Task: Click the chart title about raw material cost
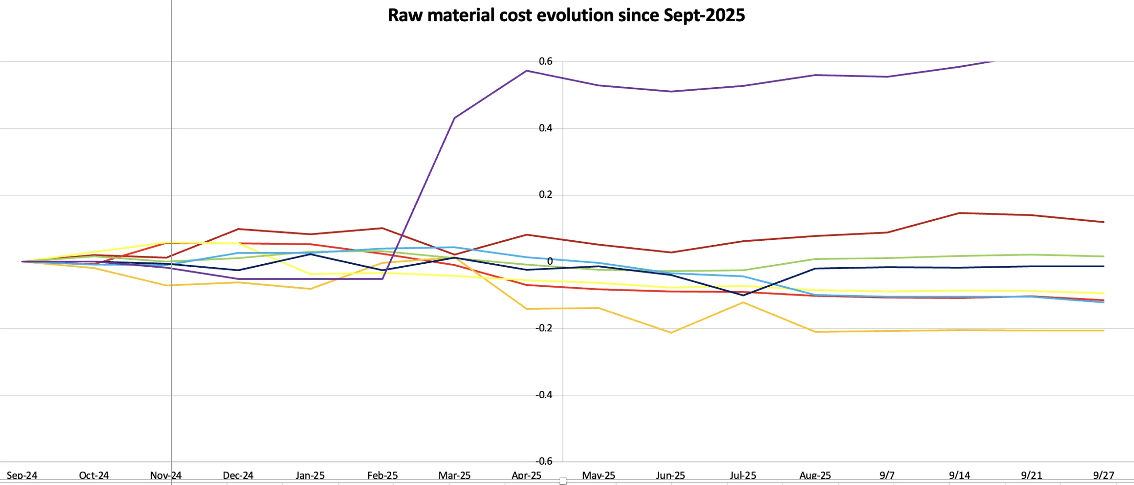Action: point(566,15)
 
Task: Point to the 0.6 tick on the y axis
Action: point(545,62)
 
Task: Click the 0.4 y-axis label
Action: point(545,128)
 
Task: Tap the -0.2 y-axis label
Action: point(544,328)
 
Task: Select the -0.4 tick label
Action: point(544,395)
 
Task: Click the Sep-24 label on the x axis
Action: point(22,475)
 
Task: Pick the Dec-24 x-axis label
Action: point(238,475)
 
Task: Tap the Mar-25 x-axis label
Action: point(454,475)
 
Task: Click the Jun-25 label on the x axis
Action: point(670,475)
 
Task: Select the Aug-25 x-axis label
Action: point(815,475)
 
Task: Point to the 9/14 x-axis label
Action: point(959,475)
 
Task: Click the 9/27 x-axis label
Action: point(1103,475)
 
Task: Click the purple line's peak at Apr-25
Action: point(526,71)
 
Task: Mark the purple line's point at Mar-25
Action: point(454,118)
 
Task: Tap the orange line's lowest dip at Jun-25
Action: point(671,333)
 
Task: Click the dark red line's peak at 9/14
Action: point(959,213)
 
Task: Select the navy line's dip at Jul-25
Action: point(743,295)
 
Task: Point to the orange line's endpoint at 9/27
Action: point(1103,331)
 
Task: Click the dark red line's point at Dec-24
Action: point(238,229)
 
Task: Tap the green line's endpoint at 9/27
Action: point(1103,256)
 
